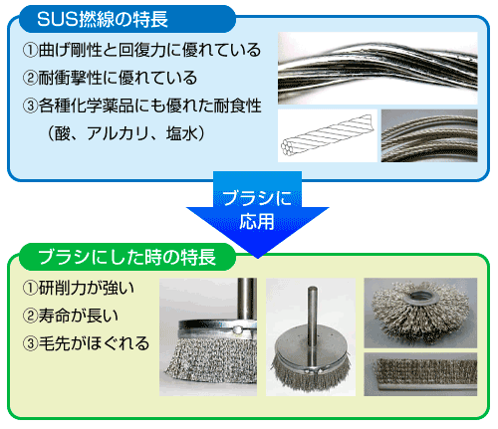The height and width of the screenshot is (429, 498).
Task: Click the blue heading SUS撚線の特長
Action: (x=103, y=19)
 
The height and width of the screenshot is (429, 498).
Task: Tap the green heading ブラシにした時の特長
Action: (x=127, y=257)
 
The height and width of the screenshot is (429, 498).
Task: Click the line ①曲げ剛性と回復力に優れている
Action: (x=141, y=50)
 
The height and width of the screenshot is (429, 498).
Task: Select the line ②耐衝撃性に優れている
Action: (x=110, y=78)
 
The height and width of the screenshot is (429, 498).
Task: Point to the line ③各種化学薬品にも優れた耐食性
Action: (x=141, y=106)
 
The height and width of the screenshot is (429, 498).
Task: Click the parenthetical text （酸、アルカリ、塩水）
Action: (x=126, y=133)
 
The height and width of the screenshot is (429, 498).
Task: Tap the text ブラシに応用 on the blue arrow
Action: (x=257, y=210)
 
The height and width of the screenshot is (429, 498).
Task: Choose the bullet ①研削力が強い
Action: (x=79, y=288)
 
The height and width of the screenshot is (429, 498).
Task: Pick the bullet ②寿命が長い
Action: (x=71, y=316)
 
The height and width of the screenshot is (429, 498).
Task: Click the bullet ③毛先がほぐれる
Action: (x=86, y=343)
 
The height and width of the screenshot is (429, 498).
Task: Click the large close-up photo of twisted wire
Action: (x=377, y=69)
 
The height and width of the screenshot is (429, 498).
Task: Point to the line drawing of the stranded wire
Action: (x=328, y=136)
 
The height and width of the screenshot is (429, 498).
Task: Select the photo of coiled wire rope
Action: (x=429, y=135)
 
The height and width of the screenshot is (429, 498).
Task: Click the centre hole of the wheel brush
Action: (x=421, y=295)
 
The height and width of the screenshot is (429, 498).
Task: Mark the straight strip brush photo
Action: (x=420, y=374)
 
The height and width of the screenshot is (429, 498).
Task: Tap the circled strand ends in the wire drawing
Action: (x=287, y=147)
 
